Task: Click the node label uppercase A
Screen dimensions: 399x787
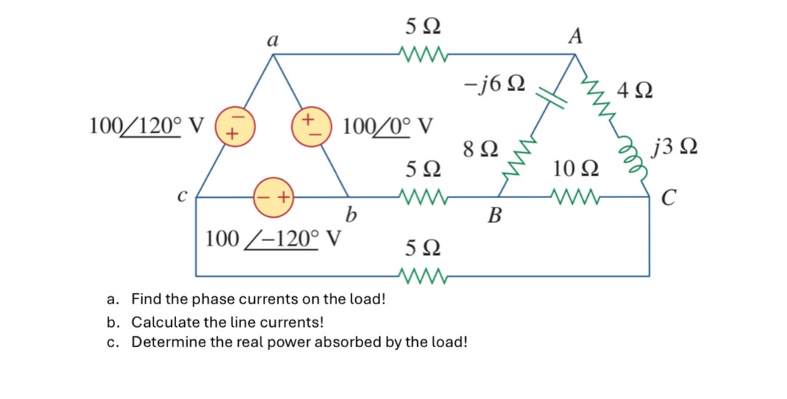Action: (x=574, y=36)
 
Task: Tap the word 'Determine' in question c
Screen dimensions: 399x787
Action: (x=163, y=342)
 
